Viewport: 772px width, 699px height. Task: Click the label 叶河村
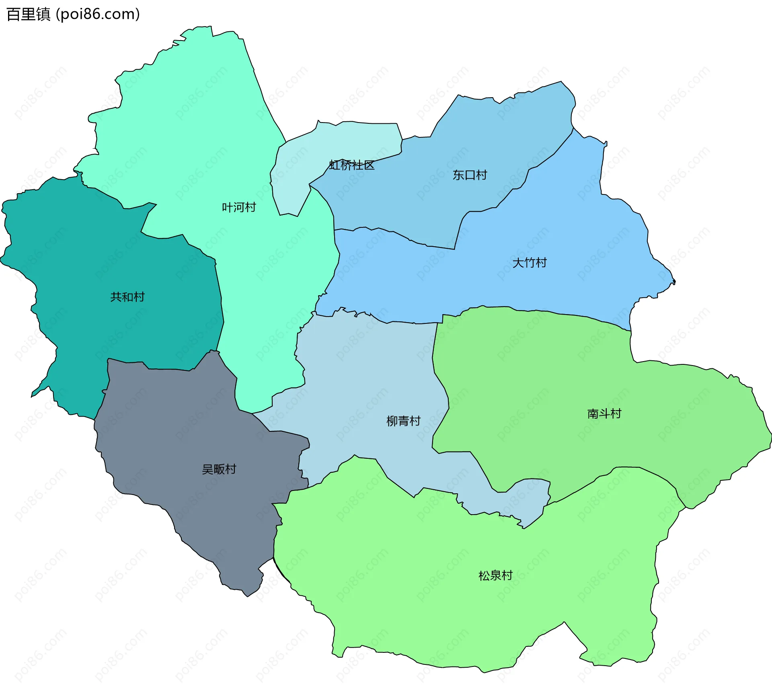(239, 207)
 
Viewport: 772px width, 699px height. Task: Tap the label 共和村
(127, 297)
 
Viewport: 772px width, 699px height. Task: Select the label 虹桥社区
(352, 165)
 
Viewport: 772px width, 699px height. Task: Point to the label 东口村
(470, 175)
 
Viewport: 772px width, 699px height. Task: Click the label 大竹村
(530, 263)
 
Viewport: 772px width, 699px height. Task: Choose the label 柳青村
(403, 421)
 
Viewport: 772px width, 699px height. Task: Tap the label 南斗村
(604, 414)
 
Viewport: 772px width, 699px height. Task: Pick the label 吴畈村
(219, 469)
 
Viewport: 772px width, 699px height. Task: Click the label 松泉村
(495, 576)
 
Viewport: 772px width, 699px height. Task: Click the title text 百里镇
(28, 14)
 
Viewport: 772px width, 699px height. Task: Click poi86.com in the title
(98, 14)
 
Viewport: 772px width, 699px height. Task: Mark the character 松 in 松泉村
(484, 576)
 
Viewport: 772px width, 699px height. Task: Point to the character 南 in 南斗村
(593, 414)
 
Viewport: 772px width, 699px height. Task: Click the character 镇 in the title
(43, 14)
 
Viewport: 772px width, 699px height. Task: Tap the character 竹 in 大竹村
(530, 263)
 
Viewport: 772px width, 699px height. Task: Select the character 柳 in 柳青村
(392, 421)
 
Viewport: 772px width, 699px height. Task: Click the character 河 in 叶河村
(239, 207)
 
